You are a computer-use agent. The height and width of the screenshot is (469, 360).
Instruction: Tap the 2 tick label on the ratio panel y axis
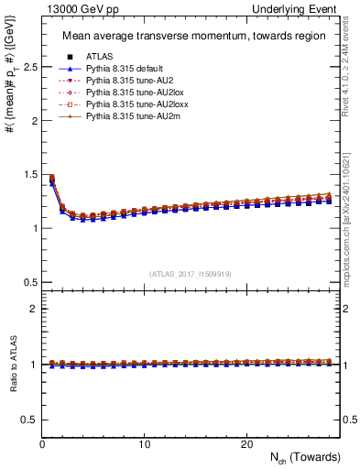(32, 309)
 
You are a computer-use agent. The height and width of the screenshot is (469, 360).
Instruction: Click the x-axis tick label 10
(145, 444)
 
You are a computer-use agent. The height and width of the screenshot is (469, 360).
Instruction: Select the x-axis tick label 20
(246, 444)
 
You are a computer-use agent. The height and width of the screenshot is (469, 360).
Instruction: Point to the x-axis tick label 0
(43, 444)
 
